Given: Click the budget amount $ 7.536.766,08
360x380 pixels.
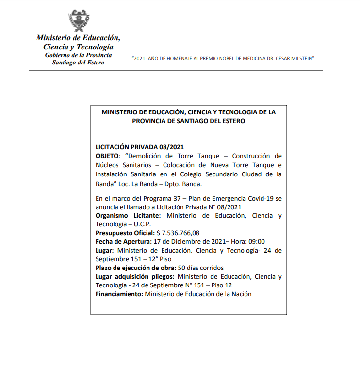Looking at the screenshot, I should pyautogui.click(x=178, y=233).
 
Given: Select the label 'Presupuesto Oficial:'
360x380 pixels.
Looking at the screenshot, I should pyautogui.click(x=125, y=233).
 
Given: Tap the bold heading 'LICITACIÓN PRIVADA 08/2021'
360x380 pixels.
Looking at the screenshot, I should pyautogui.click(x=140, y=147).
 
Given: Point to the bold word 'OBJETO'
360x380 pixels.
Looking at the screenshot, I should pyautogui.click(x=107, y=156).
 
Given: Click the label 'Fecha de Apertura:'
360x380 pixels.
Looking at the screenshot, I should pyautogui.click(x=123, y=241).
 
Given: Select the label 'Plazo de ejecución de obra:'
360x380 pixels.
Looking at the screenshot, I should pyautogui.click(x=136, y=268).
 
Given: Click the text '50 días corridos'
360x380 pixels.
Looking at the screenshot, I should pyautogui.click(x=201, y=268).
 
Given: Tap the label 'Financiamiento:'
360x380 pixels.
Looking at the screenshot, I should pyautogui.click(x=119, y=294).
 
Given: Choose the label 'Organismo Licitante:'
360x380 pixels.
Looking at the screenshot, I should pyautogui.click(x=130, y=215).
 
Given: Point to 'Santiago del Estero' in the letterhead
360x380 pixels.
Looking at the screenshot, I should pyautogui.click(x=78, y=63).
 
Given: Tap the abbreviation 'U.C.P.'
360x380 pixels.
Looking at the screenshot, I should pyautogui.click(x=141, y=224).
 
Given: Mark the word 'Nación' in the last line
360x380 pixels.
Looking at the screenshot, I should pyautogui.click(x=241, y=294).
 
